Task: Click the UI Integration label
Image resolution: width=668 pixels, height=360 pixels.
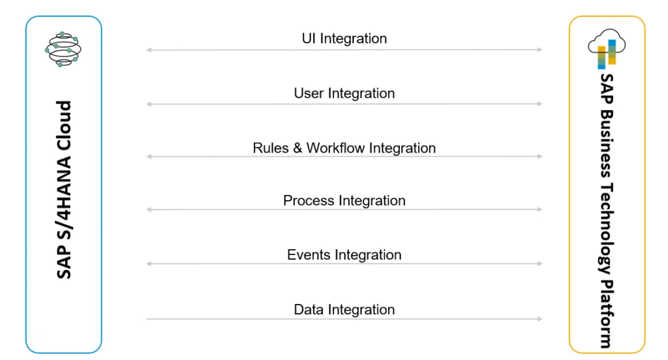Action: pos(344,38)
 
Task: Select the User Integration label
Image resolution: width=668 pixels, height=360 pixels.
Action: pos(344,93)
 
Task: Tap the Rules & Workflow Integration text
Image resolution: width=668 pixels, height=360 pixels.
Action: pos(344,148)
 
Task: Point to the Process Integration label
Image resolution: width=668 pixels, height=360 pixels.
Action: pos(344,200)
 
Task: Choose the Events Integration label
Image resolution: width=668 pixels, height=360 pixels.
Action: pos(344,255)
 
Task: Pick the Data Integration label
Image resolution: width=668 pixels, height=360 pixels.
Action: pos(344,309)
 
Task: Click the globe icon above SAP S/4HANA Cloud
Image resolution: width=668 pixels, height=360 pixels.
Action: pos(63,49)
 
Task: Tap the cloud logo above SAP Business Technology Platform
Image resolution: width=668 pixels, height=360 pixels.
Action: pos(607,48)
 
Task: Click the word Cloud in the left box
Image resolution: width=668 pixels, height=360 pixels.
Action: pos(64,125)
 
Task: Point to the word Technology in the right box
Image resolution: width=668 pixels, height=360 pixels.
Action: pos(607,228)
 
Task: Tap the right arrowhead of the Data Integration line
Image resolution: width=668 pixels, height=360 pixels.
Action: pos(539,319)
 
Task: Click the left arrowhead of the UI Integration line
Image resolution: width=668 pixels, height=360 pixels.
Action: pos(149,50)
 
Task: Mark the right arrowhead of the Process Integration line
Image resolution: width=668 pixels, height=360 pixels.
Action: pos(539,209)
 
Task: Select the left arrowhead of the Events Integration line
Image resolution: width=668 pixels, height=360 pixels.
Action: pos(149,263)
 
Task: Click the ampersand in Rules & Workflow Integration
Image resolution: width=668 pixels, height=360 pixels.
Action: pos(297,148)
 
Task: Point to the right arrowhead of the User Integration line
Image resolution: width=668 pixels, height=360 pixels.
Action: pos(539,104)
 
